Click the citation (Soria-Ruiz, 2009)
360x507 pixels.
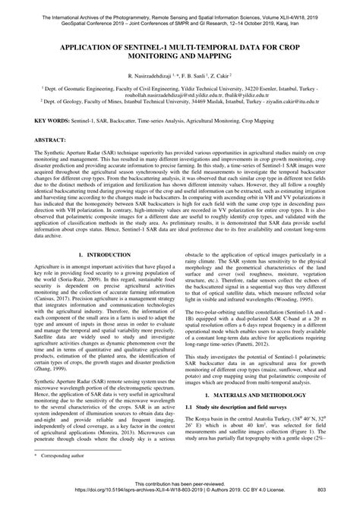pyautogui.click(x=74, y=289)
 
